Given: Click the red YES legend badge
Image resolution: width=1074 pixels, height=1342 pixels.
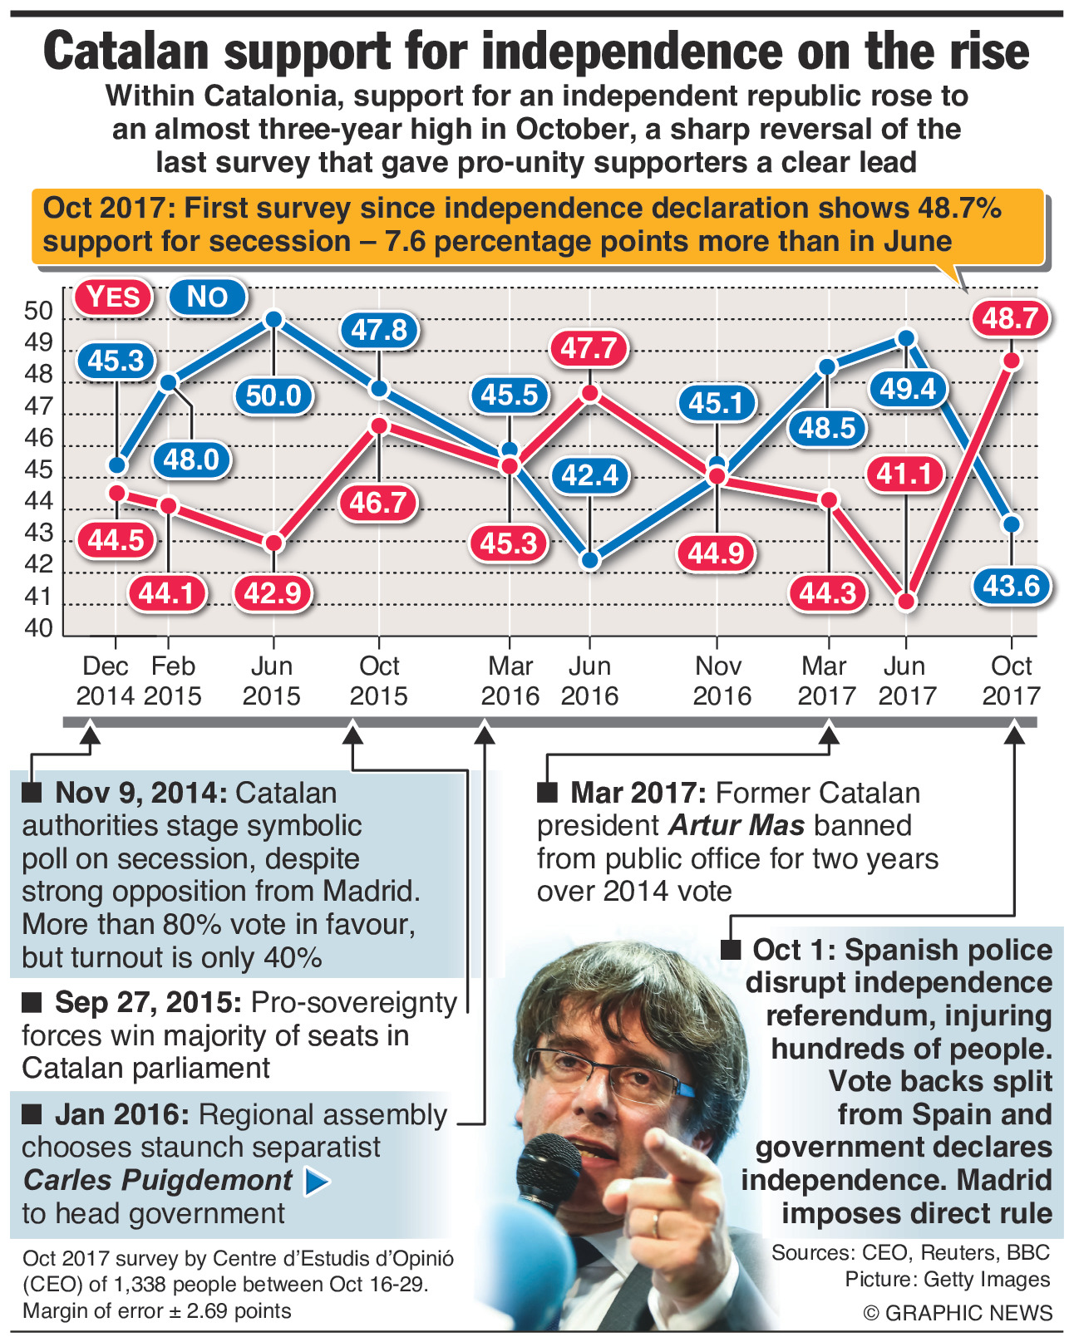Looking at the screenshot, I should pos(114,297).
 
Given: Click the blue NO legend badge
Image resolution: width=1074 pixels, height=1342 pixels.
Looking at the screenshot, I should pos(207,297).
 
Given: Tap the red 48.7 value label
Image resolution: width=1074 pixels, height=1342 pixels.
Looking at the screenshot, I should pos(1010,318).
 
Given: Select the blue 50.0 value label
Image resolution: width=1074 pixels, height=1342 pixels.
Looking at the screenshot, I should pos(273,395).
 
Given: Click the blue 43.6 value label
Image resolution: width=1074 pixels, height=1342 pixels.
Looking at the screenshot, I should pos(1011,586).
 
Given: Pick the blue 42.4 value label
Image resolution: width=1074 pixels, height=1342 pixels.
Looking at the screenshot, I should pos(589,475).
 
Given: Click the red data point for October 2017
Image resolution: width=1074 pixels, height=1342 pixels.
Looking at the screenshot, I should pos(1011,361).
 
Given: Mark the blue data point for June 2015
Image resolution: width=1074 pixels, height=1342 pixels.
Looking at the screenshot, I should pos(273,319).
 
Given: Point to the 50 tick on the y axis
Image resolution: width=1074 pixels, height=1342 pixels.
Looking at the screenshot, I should pos(39,312).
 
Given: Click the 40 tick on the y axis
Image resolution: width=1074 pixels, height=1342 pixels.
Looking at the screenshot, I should pos(39,628).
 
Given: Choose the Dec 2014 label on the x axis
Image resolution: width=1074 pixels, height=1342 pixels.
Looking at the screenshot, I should pos(106,681).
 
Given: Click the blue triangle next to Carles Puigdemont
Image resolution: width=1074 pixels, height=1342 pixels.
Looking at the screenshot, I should pos(317,1181).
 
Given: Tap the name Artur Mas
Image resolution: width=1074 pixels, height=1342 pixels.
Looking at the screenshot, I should pos(737,825).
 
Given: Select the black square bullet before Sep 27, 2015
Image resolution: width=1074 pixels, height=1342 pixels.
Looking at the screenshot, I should pos(32,1003).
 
